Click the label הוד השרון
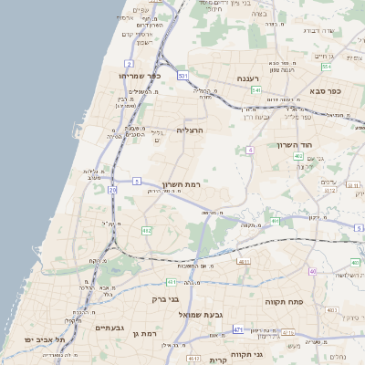(x=295, y=145)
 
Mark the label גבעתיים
(x=109, y=328)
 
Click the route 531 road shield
(x=183, y=75)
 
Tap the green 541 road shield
(x=257, y=90)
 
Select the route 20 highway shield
(x=112, y=190)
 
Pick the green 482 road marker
(x=146, y=231)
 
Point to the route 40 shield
(x=312, y=271)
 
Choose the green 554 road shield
(x=326, y=67)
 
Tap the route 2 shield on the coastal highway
(x=130, y=63)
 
